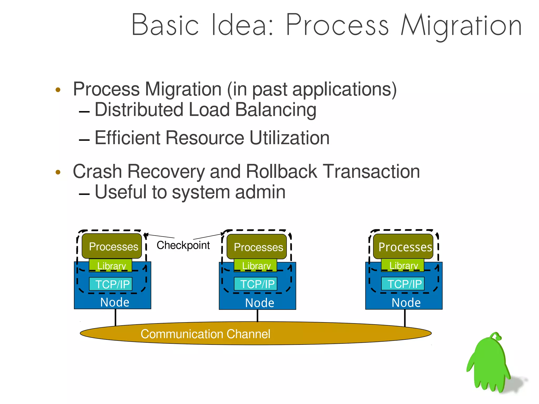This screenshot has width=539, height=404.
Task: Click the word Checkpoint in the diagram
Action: pos(183,245)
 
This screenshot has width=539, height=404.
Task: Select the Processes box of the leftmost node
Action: pos(112,246)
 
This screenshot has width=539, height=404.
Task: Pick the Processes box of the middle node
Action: pos(257,247)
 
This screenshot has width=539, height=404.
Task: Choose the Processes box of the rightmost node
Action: pos(403,247)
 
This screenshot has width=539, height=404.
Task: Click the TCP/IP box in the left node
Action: pos(111,284)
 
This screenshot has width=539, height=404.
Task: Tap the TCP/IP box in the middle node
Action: pos(256,284)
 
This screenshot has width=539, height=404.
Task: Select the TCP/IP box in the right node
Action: pos(403,284)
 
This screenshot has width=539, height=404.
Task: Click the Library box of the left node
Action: pos(111,265)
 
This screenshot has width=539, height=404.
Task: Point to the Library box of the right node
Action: pos(403,265)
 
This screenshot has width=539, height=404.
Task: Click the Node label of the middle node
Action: pos(259,303)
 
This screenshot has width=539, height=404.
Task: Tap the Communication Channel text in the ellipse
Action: pos(205,334)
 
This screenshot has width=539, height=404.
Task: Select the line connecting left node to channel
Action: pos(115,317)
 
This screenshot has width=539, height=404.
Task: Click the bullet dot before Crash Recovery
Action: pos(58,172)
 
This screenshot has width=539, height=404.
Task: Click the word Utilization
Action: pos(290,138)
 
